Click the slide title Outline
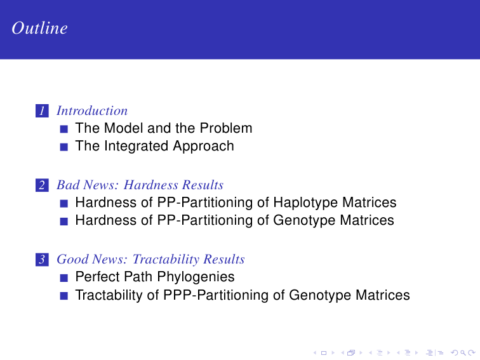39,28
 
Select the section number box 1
43,111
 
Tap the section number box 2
43,185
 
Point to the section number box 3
43,260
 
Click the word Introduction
92,111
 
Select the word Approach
203,146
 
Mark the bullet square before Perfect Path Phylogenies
64,278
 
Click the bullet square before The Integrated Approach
64,147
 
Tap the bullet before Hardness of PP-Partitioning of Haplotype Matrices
64,204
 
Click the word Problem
226,128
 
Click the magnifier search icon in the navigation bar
463,353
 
